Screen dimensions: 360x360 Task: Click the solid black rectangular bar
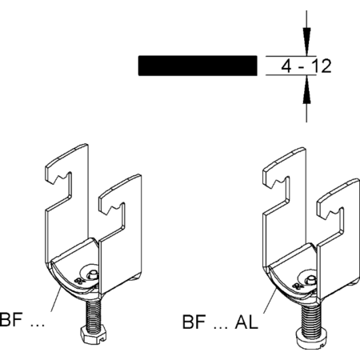point(198,66)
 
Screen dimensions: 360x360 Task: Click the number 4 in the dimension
point(286,66)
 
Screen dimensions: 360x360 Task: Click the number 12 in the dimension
point(322,66)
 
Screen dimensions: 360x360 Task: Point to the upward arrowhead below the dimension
point(306,89)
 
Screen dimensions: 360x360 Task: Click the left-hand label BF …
point(22,319)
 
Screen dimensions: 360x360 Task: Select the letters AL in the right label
point(246,322)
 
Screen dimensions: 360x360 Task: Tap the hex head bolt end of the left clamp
point(94,335)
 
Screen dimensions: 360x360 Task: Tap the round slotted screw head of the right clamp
point(310,338)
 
